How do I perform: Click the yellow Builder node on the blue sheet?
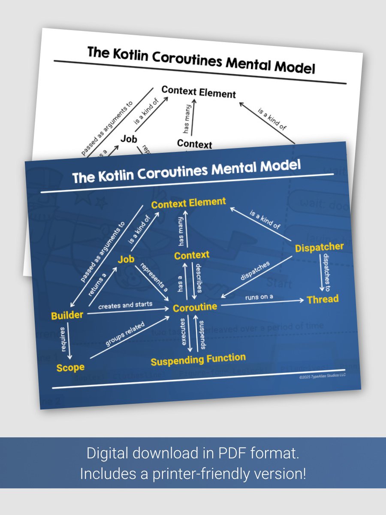click(67, 315)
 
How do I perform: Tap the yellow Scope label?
click(70, 368)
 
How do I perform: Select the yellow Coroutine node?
click(195, 307)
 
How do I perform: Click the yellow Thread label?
click(323, 299)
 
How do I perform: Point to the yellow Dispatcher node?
click(320, 247)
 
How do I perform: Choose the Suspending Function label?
click(198, 360)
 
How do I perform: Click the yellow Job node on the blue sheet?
click(126, 259)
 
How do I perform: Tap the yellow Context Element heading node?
click(188, 203)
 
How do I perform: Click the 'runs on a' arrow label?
click(259, 297)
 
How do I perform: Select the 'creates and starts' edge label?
click(125, 305)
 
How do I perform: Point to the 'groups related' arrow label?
click(125, 334)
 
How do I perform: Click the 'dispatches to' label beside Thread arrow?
click(327, 270)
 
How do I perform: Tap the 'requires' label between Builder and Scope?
click(63, 339)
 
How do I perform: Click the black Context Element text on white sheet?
click(199, 92)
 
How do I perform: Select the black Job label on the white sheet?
click(129, 139)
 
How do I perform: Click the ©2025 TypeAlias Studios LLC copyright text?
click(322, 376)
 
